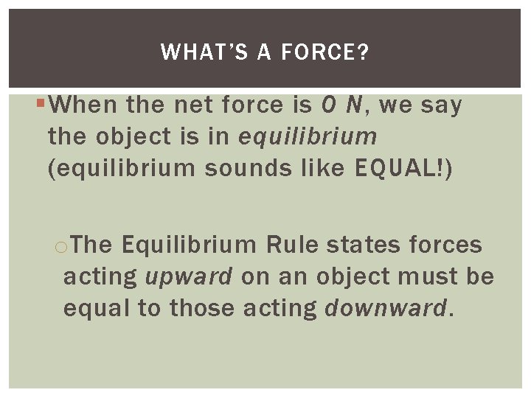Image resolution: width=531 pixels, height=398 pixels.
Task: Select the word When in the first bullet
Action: [84, 105]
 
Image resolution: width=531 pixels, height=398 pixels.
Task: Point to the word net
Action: [195, 105]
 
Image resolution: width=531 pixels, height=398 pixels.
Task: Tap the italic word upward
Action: [189, 277]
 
